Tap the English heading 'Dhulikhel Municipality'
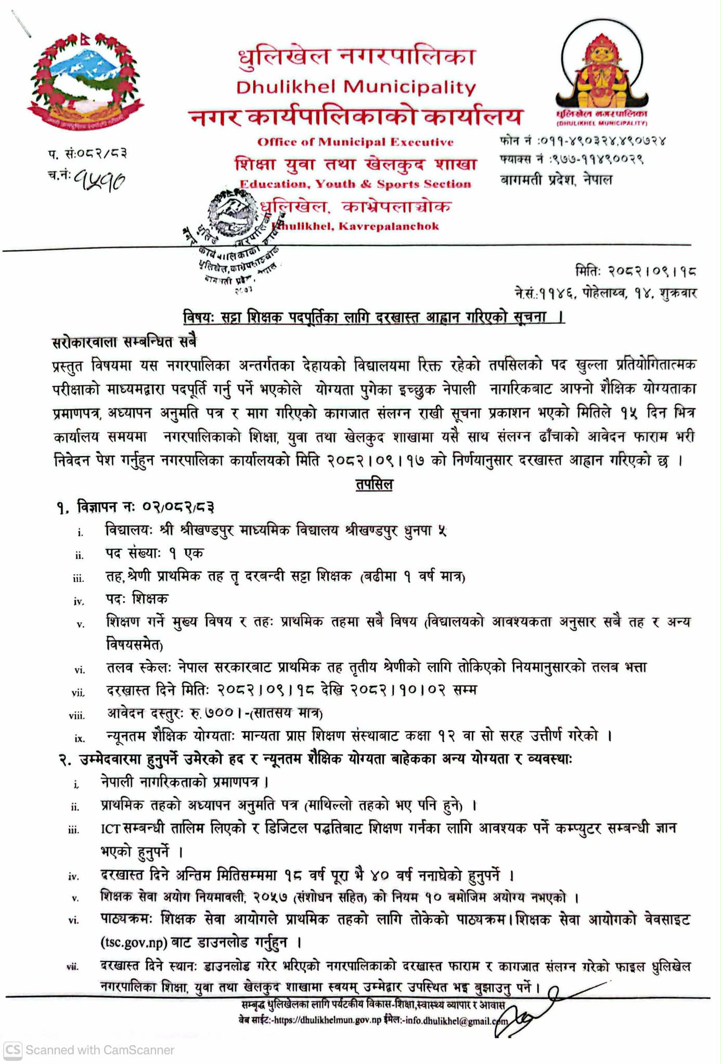(x=356, y=87)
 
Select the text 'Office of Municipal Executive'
(x=355, y=142)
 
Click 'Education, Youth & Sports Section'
(x=355, y=184)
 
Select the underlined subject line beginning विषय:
(x=374, y=317)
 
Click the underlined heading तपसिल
(x=374, y=484)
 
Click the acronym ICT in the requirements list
(x=111, y=828)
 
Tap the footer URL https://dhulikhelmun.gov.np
(x=327, y=1020)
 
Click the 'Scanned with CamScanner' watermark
(x=89, y=1050)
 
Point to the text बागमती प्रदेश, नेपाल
(x=556, y=180)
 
